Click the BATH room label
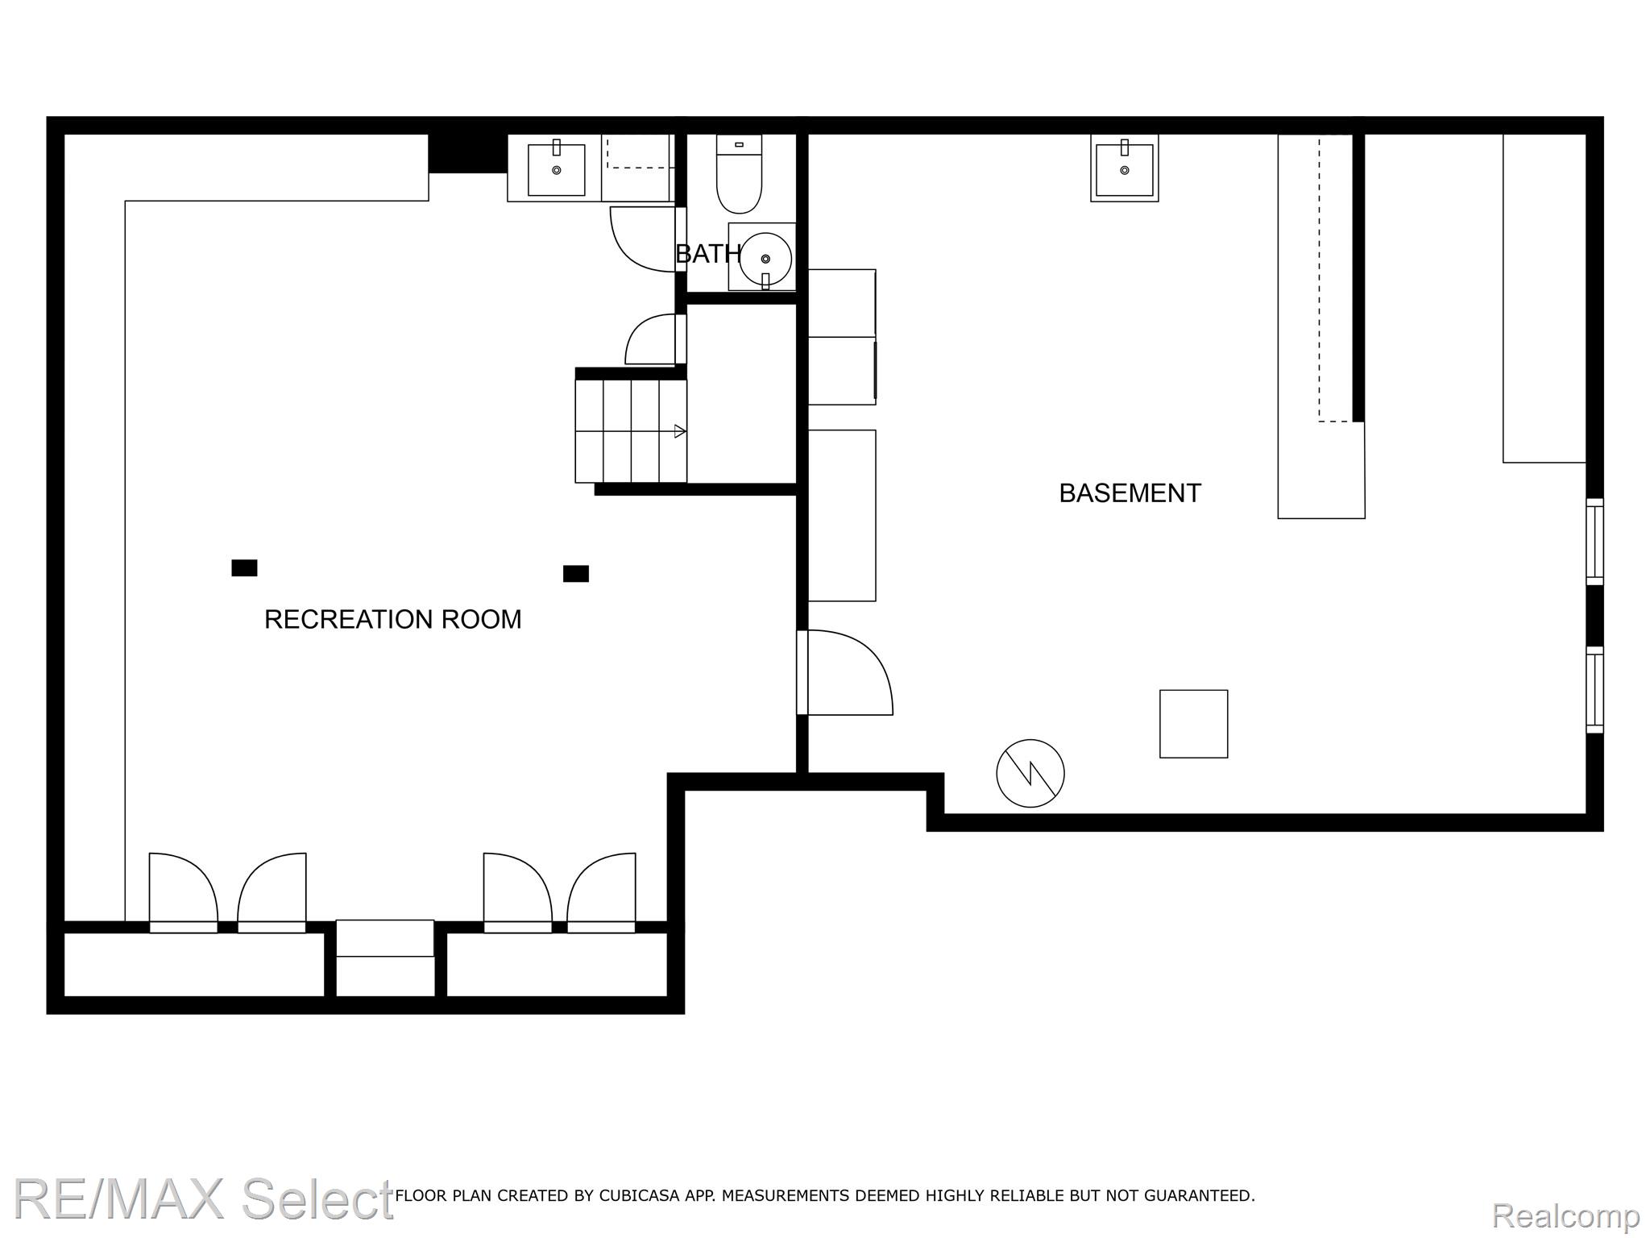coord(708,254)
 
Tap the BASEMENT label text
coord(1130,493)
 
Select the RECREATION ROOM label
coord(393,619)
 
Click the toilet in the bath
coord(739,174)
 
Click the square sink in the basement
coord(1125,168)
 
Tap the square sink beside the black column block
coord(556,168)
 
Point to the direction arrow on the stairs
coord(680,431)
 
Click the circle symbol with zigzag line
coord(1030,773)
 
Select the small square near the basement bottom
coord(1193,724)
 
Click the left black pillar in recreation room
coord(244,568)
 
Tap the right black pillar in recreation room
coord(575,574)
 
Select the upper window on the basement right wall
coord(1594,542)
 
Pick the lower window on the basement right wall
coord(1594,690)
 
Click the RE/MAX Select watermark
coord(203,1199)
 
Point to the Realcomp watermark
coord(1566,1215)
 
